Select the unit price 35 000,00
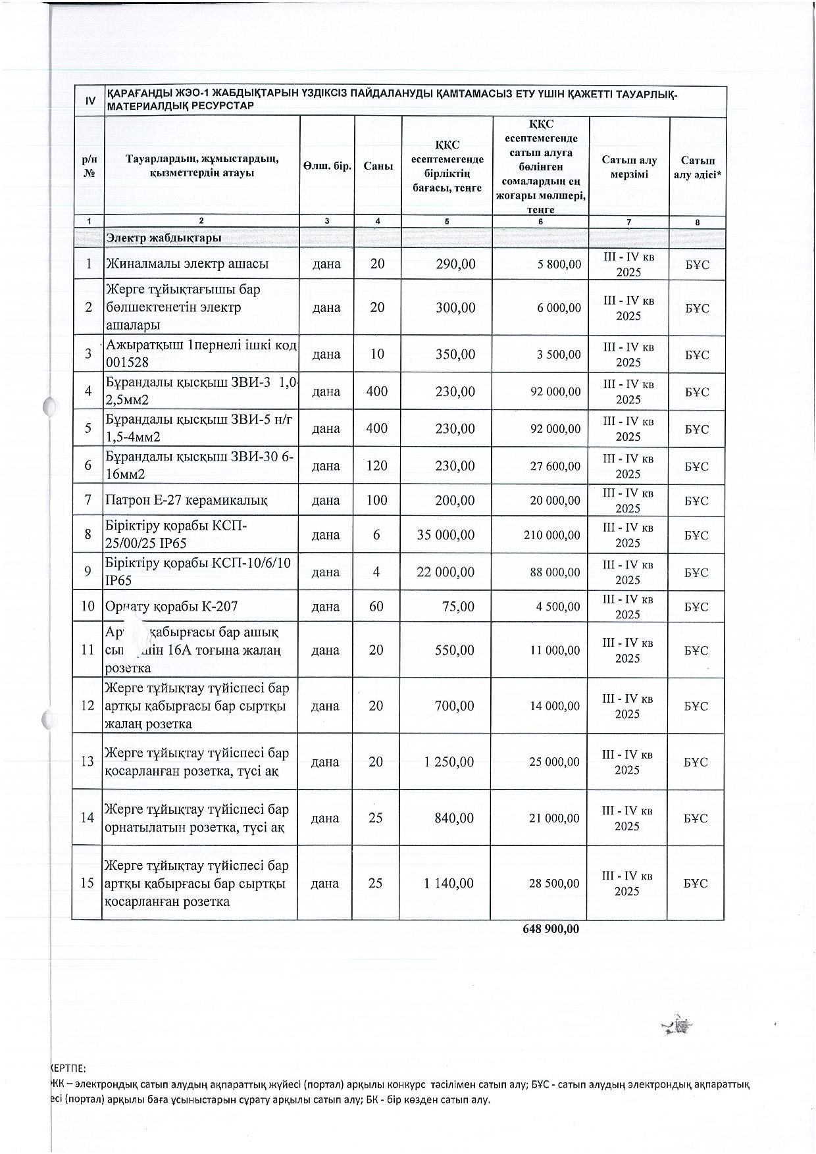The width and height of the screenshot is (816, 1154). coord(446,535)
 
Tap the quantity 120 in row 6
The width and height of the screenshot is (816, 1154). coord(377,466)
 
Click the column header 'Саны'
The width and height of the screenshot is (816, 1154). coord(378,166)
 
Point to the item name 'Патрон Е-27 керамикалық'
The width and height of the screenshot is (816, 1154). coord(186,501)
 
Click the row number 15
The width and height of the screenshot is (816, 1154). coord(88,883)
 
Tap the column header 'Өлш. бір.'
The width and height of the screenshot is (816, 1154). coord(326,166)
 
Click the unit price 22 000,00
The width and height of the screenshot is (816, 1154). coord(446,572)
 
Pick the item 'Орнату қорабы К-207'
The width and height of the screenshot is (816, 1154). coord(172,607)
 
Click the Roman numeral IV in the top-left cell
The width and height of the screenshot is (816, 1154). coord(89,101)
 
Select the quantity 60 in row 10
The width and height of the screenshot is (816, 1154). coord(376,607)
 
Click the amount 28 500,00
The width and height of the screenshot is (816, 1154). coord(554,884)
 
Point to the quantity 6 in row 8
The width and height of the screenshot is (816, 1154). coord(376,535)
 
